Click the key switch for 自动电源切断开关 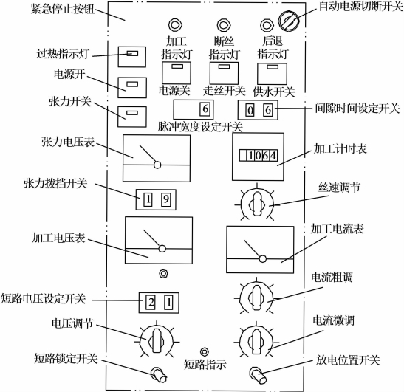289,21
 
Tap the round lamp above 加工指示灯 175,25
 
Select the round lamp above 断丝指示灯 224,25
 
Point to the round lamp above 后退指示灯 267,25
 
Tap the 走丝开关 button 224,73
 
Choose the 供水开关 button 272,74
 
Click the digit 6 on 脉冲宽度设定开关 205,109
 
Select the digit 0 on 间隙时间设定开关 250,111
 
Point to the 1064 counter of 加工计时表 259,156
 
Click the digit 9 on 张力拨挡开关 166,199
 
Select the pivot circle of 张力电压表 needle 157,165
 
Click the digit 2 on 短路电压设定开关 151,303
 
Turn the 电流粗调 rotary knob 256,298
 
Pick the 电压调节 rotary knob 157,341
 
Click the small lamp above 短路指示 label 205,351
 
